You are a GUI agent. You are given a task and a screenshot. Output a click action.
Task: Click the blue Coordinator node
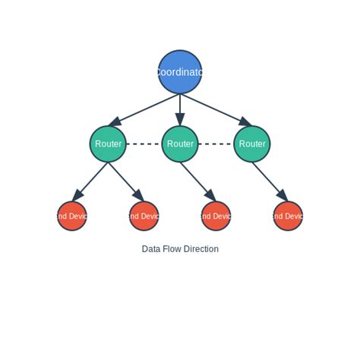180,72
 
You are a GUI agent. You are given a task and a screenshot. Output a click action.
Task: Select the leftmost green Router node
108,144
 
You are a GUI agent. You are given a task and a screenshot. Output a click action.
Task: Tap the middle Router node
180,144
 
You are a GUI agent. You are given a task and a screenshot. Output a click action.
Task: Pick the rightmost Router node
252,144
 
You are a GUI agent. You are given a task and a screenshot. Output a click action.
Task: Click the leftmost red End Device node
72,216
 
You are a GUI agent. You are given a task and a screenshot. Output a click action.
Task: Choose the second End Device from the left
144,216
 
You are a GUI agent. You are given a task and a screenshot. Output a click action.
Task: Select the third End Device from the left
216,216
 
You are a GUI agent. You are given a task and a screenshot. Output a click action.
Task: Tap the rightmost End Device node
288,216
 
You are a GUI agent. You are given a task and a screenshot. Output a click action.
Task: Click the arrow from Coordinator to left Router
144,109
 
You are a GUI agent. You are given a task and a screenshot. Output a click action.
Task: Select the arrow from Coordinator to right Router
216,109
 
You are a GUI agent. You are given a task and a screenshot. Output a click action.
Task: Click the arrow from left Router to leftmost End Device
90,180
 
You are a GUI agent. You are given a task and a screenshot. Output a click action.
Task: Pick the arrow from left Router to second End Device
125,180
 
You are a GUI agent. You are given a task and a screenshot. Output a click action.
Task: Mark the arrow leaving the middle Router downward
197,180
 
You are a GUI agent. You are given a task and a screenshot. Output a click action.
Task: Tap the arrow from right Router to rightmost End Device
270,180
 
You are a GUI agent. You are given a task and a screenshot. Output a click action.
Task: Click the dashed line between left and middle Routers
144,144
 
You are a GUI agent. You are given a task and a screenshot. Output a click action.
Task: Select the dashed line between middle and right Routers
216,144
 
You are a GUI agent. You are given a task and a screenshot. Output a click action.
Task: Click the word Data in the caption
151,249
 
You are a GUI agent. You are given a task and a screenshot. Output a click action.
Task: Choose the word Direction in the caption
201,249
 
